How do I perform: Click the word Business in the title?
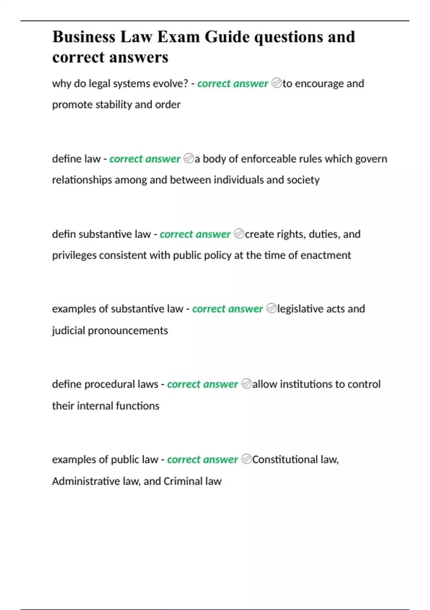pos(84,37)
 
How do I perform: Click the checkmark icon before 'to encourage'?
pos(277,83)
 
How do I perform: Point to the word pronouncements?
pos(128,330)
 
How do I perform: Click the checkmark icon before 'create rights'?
pos(239,234)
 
